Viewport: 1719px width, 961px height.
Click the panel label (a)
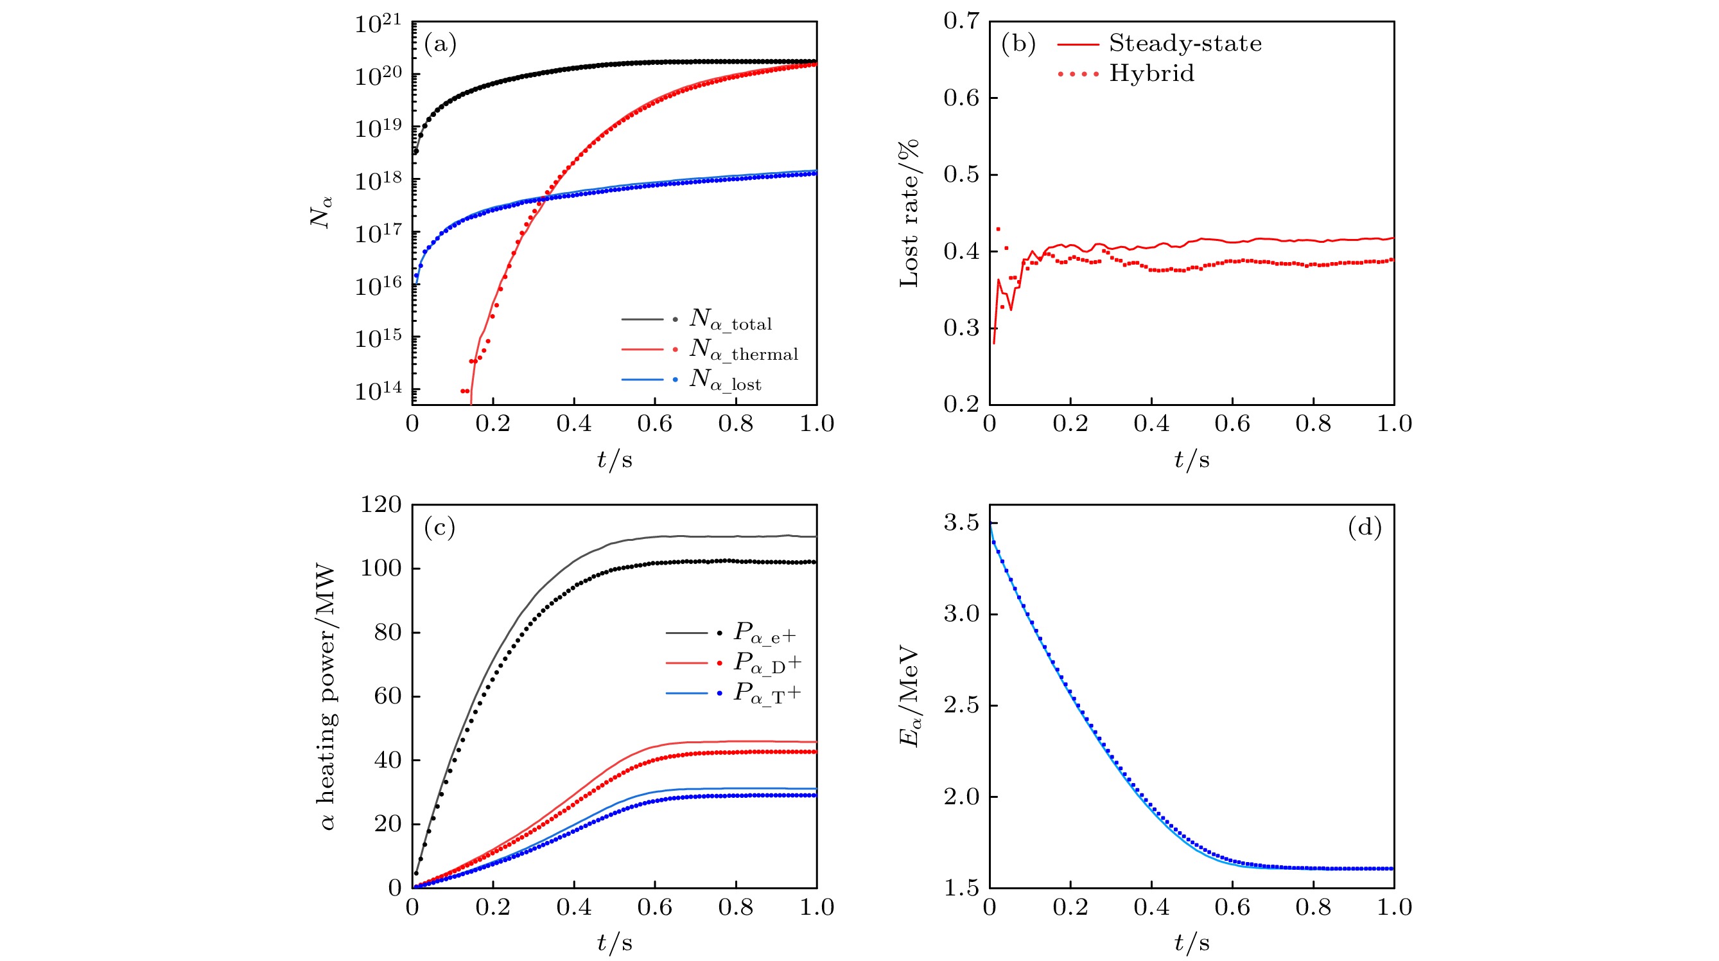(x=440, y=45)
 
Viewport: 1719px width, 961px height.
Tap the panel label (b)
(x=1018, y=44)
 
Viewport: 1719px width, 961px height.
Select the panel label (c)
(x=440, y=528)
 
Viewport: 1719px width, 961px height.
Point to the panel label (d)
(x=1365, y=528)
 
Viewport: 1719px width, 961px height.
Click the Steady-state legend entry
(x=1185, y=44)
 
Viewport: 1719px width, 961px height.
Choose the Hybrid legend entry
(x=1151, y=73)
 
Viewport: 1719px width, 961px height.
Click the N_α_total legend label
(x=730, y=321)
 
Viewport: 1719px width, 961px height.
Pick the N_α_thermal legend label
(x=744, y=350)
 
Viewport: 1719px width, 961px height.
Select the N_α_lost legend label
(x=725, y=380)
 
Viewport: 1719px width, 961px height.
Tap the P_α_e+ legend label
(x=765, y=633)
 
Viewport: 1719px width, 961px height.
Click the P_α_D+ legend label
(x=767, y=663)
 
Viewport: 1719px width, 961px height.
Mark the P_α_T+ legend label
(x=767, y=693)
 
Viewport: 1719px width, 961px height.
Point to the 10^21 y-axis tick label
(x=378, y=24)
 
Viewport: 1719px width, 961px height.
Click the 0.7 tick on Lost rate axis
(x=961, y=21)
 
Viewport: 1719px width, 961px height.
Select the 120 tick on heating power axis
(x=381, y=504)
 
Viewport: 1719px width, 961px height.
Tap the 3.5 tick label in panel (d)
(x=961, y=522)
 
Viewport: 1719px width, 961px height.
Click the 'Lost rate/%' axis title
(x=909, y=213)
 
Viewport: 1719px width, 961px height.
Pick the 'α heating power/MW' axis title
(x=327, y=698)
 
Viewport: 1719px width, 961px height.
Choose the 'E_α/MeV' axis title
(x=909, y=696)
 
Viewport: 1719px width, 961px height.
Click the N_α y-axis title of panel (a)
(x=320, y=212)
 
